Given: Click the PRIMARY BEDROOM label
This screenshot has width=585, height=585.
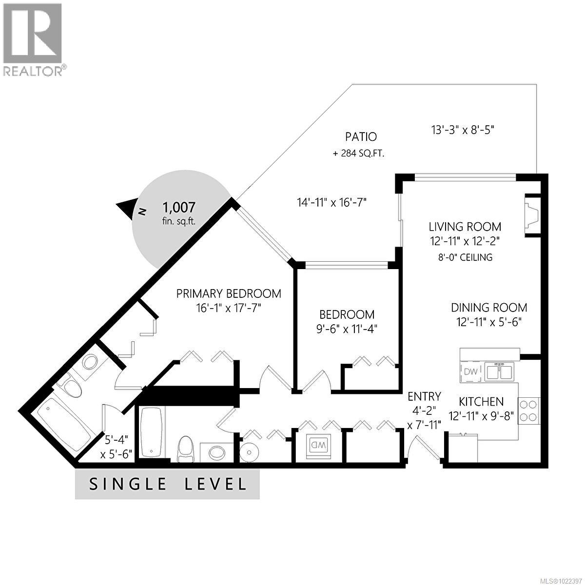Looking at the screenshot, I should pyautogui.click(x=229, y=293).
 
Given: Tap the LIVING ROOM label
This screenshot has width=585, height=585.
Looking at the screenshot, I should pyautogui.click(x=465, y=227).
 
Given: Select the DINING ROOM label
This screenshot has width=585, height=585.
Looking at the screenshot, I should pyautogui.click(x=488, y=308).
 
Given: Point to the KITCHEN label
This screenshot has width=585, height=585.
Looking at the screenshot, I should pyautogui.click(x=481, y=402).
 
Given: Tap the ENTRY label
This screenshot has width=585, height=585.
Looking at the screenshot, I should pyautogui.click(x=424, y=396).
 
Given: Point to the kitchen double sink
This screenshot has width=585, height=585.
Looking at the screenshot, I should pyautogui.click(x=498, y=371).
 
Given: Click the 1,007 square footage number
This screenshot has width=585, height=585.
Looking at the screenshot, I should pyautogui.click(x=178, y=208).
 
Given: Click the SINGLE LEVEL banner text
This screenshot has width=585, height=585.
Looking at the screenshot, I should pyautogui.click(x=167, y=484).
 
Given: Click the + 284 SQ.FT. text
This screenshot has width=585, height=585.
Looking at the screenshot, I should pyautogui.click(x=359, y=154).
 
